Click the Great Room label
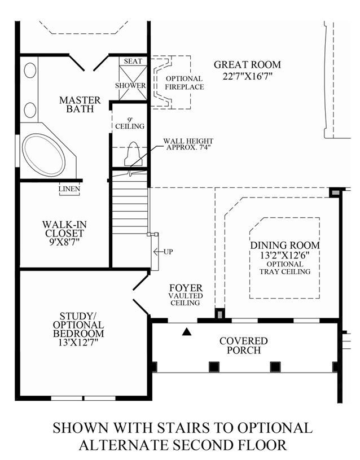[247, 64]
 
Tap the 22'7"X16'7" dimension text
[247, 76]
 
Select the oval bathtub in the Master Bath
[43, 155]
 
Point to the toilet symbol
[133, 154]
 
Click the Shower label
[130, 86]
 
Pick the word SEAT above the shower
[133, 61]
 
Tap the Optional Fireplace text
[185, 83]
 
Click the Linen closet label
[69, 189]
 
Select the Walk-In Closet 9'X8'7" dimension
[64, 242]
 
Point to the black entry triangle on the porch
[187, 331]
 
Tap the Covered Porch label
[244, 345]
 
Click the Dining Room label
[285, 246]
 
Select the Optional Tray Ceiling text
[285, 268]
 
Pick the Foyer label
[186, 287]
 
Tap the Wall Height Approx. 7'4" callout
[188, 144]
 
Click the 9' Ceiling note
[130, 124]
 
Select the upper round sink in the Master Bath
[30, 71]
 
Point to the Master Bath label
[80, 104]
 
